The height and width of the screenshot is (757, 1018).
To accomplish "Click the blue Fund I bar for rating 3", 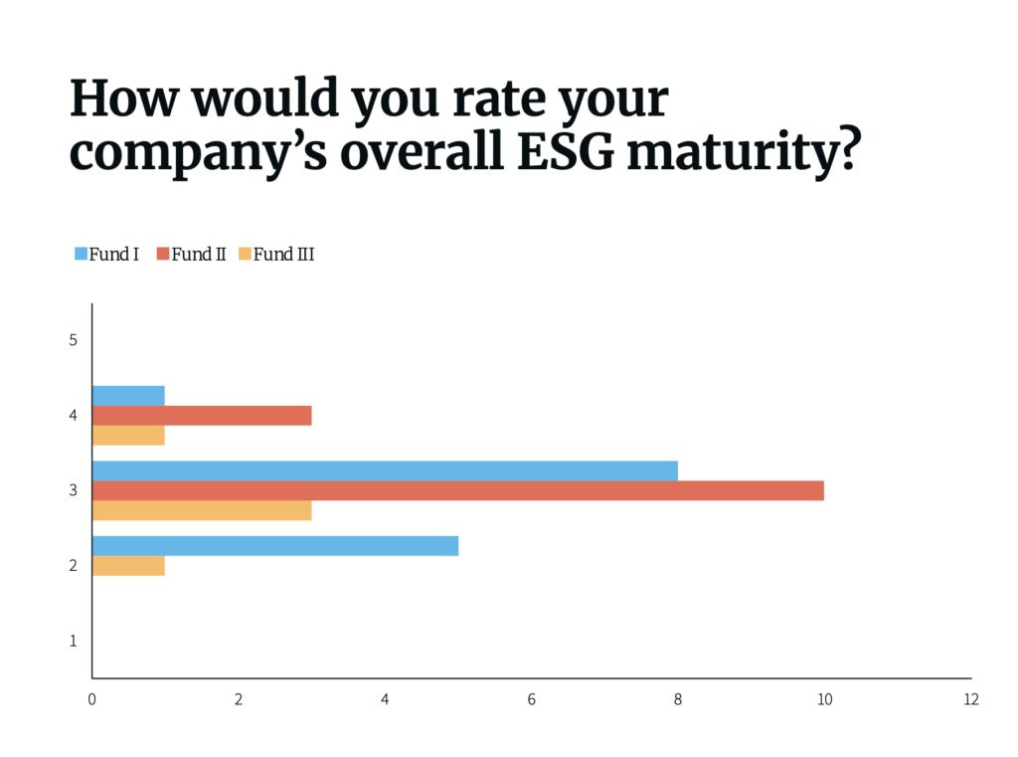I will [385, 471].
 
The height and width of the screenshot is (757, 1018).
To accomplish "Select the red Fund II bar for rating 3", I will [458, 490].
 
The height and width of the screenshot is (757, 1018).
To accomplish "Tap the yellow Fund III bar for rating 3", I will [202, 510].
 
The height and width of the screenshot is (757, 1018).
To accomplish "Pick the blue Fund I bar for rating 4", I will [128, 396].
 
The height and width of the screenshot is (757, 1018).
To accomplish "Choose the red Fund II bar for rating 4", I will [202, 415].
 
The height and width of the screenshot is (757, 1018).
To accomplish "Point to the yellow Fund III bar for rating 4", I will [128, 435].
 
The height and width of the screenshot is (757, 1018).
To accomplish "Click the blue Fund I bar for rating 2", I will [275, 546].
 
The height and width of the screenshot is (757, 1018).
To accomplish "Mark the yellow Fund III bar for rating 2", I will [128, 565].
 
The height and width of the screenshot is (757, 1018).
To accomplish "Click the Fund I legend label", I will [113, 255].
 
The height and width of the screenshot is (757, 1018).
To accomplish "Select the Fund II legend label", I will [199, 255].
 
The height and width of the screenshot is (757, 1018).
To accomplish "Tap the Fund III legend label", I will [283, 255].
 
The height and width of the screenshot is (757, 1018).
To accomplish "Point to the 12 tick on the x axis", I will [970, 699].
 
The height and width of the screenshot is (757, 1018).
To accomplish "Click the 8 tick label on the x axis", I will [678, 699].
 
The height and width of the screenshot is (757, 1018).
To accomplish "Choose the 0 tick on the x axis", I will [92, 699].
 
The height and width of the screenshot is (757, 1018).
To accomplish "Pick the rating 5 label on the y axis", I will [74, 340].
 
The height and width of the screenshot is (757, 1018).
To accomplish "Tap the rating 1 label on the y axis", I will [74, 642].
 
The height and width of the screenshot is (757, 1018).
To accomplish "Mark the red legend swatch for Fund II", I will [162, 255].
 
